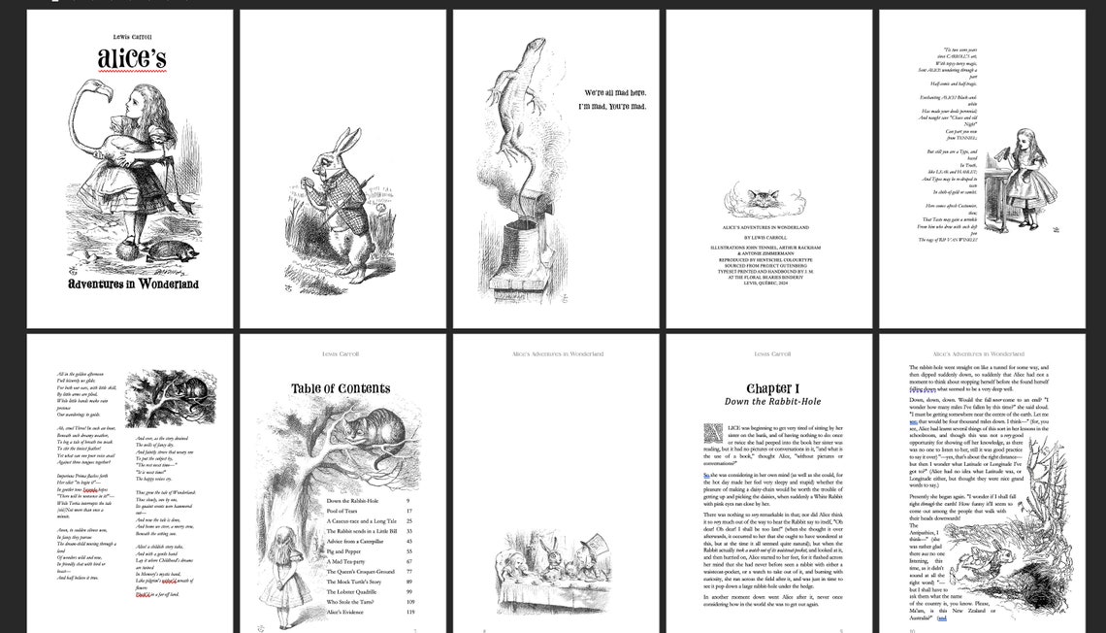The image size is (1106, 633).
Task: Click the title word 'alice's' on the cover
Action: pyautogui.click(x=131, y=59)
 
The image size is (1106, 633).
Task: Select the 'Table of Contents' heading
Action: pyautogui.click(x=341, y=389)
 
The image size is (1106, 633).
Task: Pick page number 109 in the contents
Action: pyautogui.click(x=409, y=602)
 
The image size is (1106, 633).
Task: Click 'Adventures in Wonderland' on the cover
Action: pyautogui.click(x=133, y=284)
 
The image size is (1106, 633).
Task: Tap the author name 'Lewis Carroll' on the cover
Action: pyautogui.click(x=133, y=36)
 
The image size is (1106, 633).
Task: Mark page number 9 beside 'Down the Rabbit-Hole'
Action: pyautogui.click(x=410, y=501)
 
